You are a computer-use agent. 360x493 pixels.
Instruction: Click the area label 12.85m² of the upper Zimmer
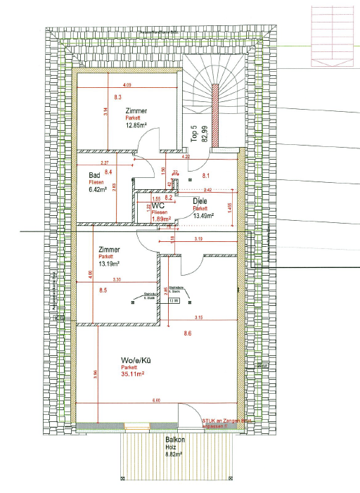[136, 126]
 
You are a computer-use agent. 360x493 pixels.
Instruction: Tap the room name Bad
[94, 175]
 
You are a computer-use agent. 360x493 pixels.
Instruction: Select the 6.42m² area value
[96, 189]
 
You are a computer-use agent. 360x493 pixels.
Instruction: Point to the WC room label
[158, 205]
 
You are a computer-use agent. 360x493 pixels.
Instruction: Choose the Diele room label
[200, 202]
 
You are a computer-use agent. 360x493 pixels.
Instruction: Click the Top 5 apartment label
[195, 136]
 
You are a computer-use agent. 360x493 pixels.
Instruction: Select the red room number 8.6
[188, 333]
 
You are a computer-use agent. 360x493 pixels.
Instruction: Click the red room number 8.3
[117, 97]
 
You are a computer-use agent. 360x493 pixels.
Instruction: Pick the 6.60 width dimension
[156, 400]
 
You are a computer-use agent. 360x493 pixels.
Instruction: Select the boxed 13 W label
[173, 300]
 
